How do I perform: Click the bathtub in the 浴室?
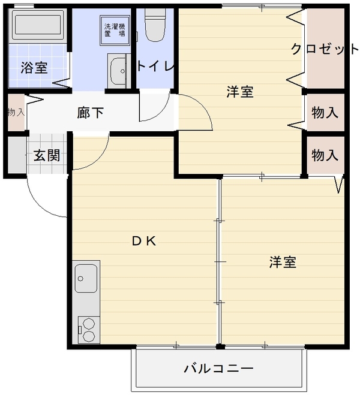point(38,25)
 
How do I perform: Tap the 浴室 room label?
point(34,68)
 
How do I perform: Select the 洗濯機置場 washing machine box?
point(115,31)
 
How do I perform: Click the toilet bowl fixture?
point(155,25)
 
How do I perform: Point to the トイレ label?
point(156,67)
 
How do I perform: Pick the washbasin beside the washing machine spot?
point(118,71)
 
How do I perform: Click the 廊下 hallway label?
point(90,113)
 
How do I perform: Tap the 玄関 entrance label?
point(47,155)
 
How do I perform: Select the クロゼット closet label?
point(325,49)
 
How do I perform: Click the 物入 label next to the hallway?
point(16,112)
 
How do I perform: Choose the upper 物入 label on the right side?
point(325,112)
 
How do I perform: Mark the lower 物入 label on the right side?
point(325,155)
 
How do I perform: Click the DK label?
point(144,242)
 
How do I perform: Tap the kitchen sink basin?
point(86,278)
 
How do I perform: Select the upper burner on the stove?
point(88,323)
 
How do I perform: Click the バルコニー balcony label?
point(218,369)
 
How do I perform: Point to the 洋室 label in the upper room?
point(240,92)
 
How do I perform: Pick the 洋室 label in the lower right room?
point(283,263)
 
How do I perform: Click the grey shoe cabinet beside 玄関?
point(17,155)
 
